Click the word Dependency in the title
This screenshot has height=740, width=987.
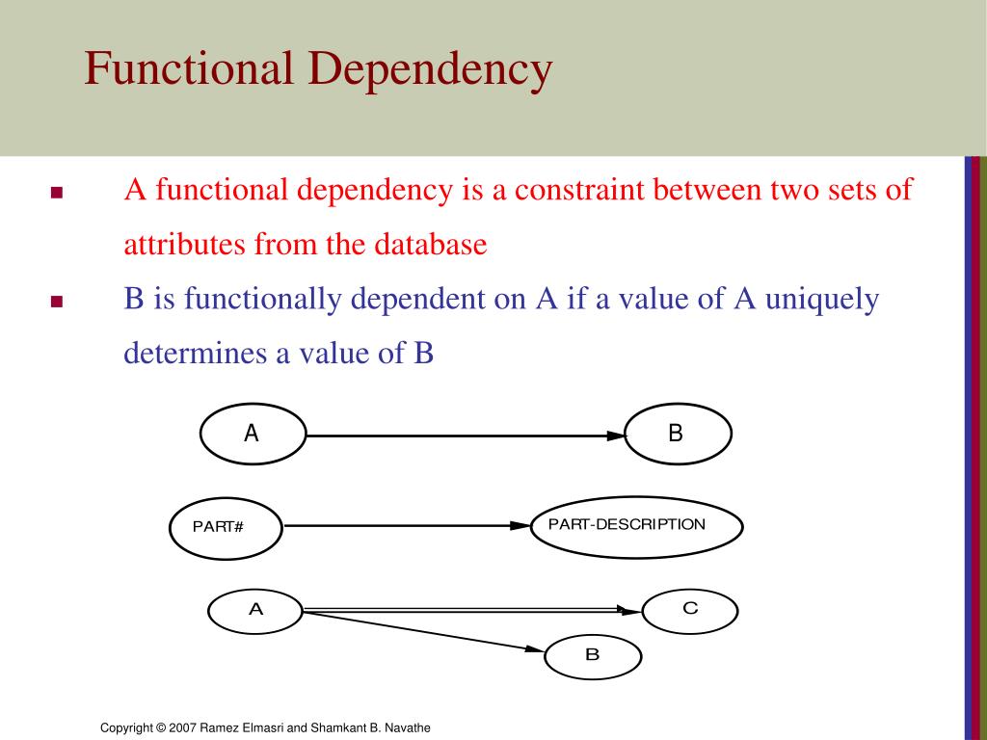tap(431, 70)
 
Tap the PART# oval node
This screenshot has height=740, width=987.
tap(226, 526)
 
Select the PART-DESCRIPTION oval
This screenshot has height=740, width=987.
tap(637, 526)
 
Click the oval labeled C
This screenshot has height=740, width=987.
tap(690, 610)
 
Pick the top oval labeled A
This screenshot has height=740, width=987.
tap(253, 435)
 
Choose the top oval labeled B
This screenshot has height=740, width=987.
tap(679, 435)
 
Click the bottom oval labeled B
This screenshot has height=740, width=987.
tap(593, 656)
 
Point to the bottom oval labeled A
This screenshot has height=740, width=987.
tap(256, 610)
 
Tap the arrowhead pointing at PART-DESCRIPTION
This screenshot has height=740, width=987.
tap(520, 526)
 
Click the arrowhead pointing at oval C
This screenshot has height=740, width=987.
tap(630, 610)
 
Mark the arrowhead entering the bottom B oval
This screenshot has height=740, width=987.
tap(535, 649)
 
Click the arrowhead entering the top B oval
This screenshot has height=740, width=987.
tap(616, 436)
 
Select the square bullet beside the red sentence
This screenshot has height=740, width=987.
tap(56, 193)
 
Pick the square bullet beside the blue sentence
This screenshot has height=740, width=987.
tap(56, 302)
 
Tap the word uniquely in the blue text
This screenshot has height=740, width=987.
tap(822, 299)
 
